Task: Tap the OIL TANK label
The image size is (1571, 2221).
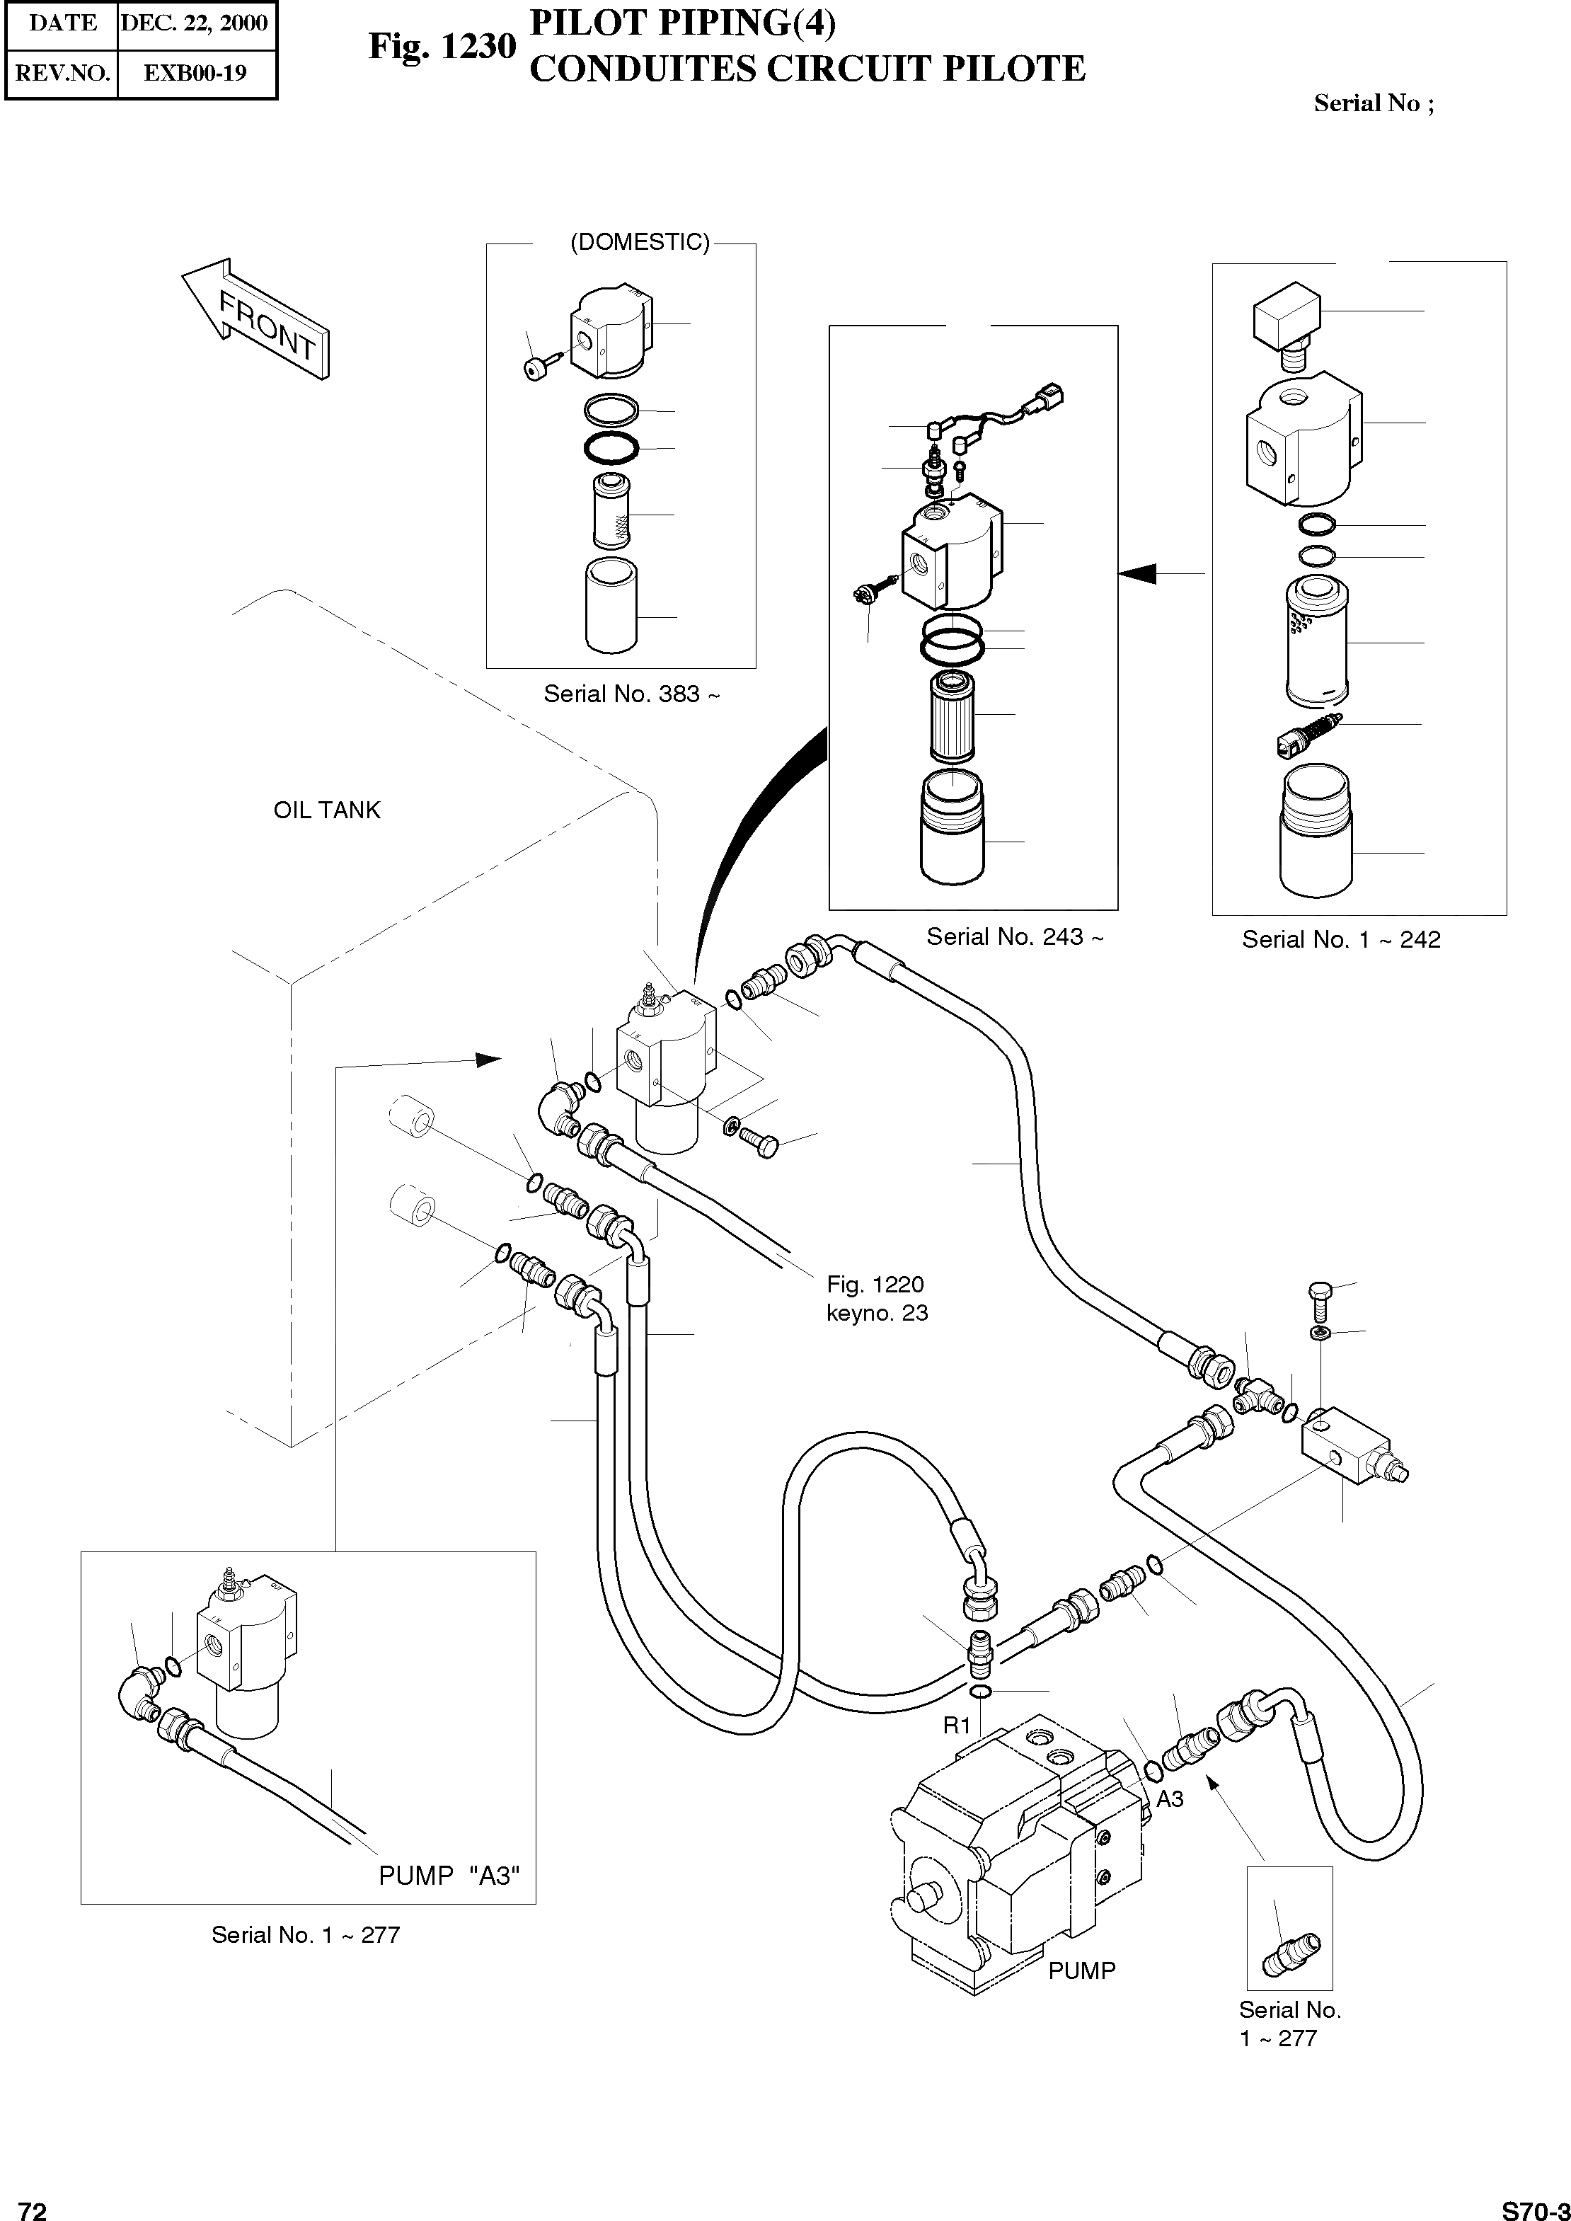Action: tap(327, 810)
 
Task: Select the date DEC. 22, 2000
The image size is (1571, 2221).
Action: tap(195, 23)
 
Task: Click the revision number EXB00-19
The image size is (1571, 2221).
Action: tap(195, 73)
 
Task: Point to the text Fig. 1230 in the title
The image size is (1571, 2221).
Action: tap(442, 45)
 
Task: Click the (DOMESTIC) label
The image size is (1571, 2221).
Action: tap(640, 242)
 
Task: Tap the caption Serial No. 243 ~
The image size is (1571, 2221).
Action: tap(1014, 936)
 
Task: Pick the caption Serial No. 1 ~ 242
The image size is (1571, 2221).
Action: tap(1341, 939)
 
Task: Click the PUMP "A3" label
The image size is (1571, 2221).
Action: tap(449, 1876)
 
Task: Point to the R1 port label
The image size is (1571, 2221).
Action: tap(957, 1726)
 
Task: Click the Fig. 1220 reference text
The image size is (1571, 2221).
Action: tap(875, 1285)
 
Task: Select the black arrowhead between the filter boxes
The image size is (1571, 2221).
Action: tap(1138, 573)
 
